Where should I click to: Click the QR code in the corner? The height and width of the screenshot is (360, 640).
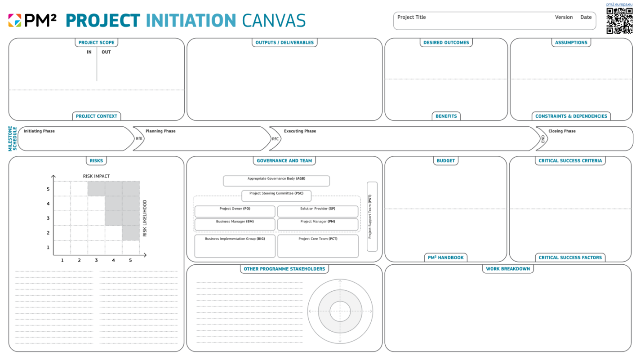tap(619, 21)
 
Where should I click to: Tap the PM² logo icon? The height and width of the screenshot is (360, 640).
tap(14, 20)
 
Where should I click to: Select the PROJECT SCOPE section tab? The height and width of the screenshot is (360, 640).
tap(96, 43)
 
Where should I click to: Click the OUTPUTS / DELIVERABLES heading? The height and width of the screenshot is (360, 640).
tap(284, 43)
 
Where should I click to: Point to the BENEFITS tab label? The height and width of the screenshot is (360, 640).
tap(446, 116)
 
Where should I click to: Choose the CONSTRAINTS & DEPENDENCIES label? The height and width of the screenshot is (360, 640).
tap(571, 116)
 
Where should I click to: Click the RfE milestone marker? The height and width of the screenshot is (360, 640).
tap(139, 138)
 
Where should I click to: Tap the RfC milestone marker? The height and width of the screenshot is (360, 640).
tap(275, 138)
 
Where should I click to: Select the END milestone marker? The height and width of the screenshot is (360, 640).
tap(543, 138)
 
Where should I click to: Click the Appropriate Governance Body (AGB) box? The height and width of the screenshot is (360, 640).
tap(276, 181)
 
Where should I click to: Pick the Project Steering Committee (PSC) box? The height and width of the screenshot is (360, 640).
tap(276, 196)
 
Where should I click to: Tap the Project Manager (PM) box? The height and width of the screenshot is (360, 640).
tap(318, 224)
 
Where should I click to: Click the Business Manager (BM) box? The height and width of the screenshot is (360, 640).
tap(235, 224)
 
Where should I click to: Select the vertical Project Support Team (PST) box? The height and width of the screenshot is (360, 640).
tap(372, 217)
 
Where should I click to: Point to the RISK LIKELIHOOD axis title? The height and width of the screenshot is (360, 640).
tap(145, 218)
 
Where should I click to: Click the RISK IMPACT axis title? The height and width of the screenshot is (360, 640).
tap(96, 176)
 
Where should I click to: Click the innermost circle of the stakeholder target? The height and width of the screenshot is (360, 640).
tap(340, 310)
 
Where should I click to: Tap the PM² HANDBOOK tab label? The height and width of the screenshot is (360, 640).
tap(445, 258)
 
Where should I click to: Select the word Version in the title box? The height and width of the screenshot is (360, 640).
tap(564, 18)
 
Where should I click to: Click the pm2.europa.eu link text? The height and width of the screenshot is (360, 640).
tap(619, 4)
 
